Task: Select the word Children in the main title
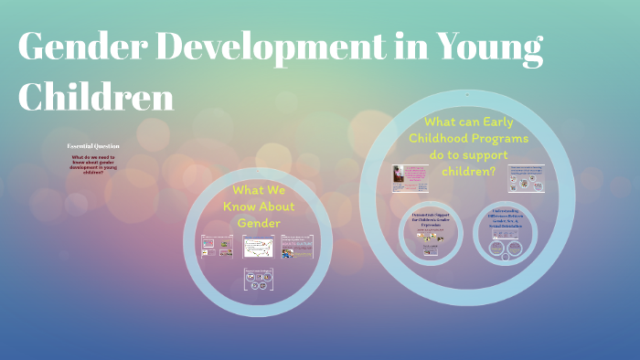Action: coord(96,96)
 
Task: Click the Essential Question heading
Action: coord(92,146)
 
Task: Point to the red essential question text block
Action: coord(92,164)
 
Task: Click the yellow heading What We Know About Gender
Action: coord(257,206)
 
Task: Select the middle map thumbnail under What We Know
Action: coord(257,247)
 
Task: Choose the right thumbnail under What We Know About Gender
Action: coord(298,247)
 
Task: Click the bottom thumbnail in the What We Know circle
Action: coord(257,280)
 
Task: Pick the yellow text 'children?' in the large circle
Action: coord(467,171)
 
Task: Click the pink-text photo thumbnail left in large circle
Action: coord(411,179)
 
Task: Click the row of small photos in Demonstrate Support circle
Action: coord(430,236)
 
